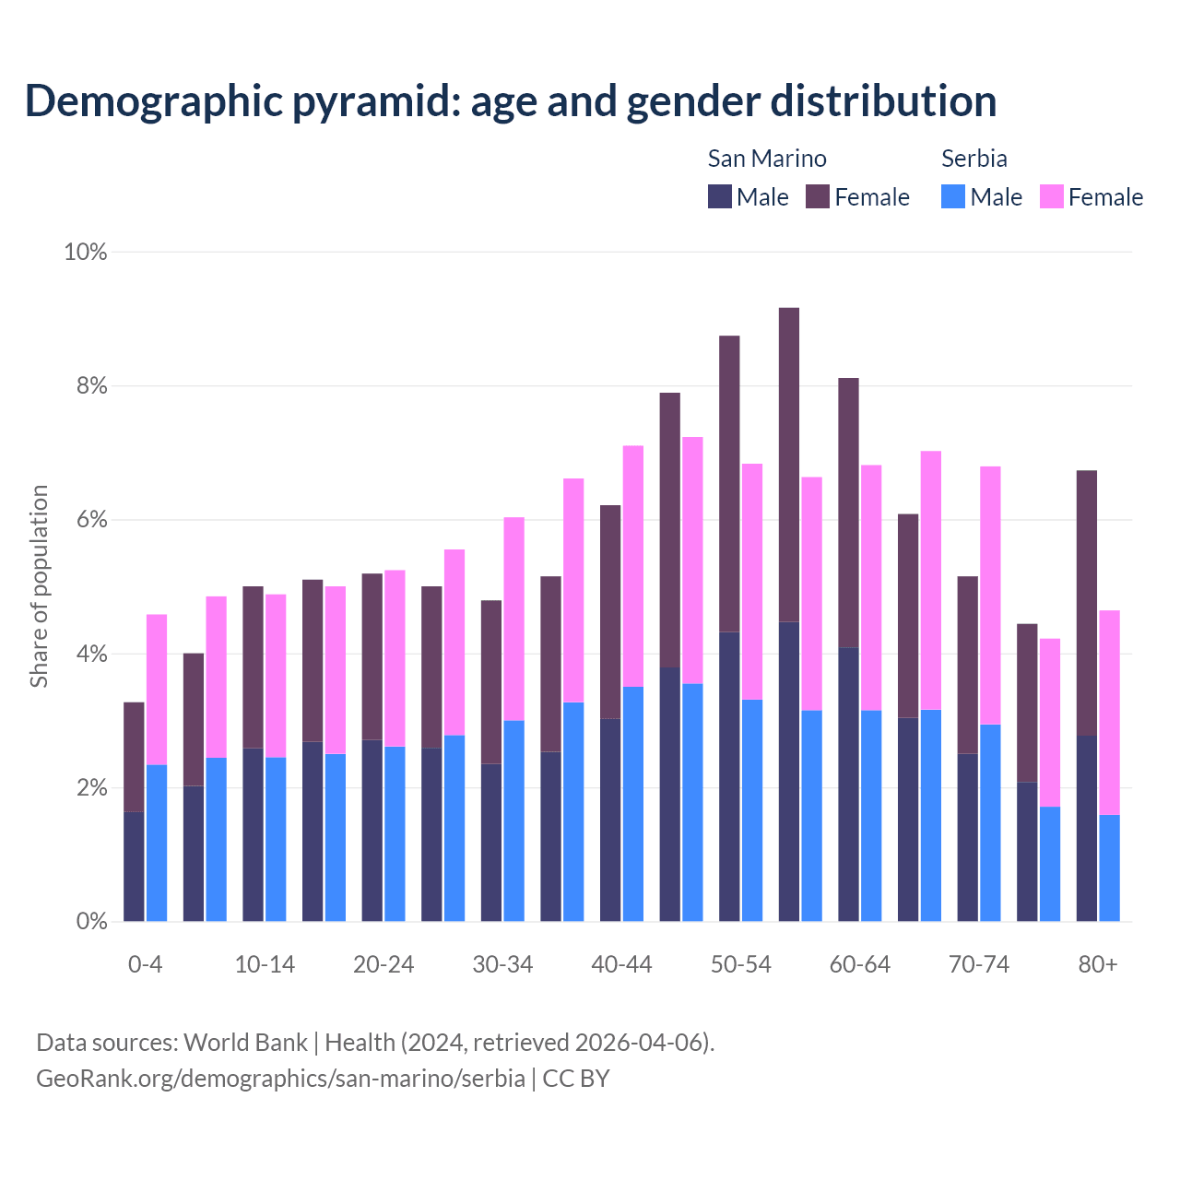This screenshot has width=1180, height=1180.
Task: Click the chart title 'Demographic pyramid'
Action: click(510, 100)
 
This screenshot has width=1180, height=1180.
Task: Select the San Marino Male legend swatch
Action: click(720, 197)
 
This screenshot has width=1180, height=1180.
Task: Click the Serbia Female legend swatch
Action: click(1052, 197)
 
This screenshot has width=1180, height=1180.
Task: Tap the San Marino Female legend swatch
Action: click(818, 197)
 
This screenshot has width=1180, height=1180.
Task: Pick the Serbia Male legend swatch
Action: click(953, 197)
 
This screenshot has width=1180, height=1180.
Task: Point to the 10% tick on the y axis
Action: click(86, 252)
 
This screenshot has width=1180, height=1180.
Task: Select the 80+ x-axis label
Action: click(1098, 964)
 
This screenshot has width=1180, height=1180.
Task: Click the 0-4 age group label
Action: click(146, 964)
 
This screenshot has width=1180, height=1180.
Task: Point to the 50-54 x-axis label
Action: click(741, 964)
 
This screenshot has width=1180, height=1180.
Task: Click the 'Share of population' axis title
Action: click(39, 586)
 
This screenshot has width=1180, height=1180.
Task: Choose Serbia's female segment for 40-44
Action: click(633, 566)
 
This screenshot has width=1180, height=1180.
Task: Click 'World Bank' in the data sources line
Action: click(245, 1043)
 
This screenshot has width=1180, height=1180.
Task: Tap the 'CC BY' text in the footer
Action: click(576, 1079)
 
